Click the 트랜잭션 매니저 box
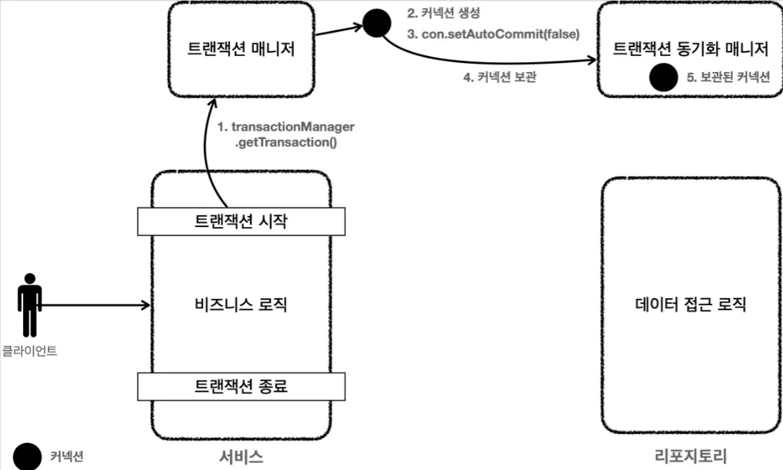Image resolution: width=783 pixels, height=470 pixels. (x=241, y=49)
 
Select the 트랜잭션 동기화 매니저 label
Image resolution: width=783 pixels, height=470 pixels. (x=690, y=49)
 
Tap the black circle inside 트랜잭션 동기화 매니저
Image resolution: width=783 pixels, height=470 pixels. (x=663, y=78)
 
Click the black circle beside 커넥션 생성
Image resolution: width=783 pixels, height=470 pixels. (x=376, y=23)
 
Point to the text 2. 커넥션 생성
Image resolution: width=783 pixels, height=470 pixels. (x=443, y=13)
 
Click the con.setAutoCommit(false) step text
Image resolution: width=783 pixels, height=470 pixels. (x=494, y=34)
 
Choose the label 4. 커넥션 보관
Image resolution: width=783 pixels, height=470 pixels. (x=500, y=77)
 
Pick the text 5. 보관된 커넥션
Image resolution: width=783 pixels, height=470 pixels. (x=728, y=77)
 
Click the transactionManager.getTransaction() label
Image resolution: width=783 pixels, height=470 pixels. (x=286, y=134)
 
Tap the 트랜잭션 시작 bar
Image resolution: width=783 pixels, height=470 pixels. (x=241, y=221)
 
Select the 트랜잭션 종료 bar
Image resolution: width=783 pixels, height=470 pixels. (x=241, y=386)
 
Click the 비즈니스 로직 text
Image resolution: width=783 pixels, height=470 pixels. (x=241, y=305)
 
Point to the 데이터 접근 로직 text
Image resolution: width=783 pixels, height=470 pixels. (x=690, y=304)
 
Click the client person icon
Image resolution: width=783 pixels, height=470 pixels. (x=30, y=305)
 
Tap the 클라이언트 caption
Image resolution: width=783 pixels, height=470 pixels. (x=30, y=351)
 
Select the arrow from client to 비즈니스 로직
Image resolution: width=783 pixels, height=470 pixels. (x=95, y=305)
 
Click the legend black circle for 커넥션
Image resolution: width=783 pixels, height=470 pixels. (x=27, y=456)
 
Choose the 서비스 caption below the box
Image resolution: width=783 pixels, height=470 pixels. (x=241, y=456)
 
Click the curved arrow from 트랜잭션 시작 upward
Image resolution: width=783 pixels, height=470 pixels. (x=205, y=149)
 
